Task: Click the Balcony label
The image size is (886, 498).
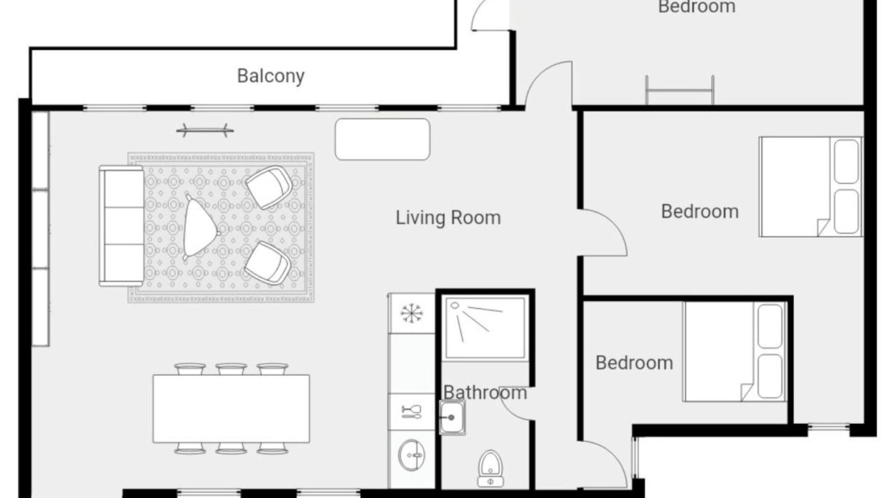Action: pyautogui.click(x=271, y=76)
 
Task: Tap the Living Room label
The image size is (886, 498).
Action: pyautogui.click(x=448, y=218)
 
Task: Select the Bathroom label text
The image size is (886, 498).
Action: pyautogui.click(x=485, y=392)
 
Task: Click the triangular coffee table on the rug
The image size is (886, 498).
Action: pyautogui.click(x=200, y=228)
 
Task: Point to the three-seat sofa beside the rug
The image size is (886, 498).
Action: pyautogui.click(x=121, y=226)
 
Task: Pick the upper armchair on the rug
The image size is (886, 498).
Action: pyautogui.click(x=269, y=187)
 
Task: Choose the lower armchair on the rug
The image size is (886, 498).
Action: pyautogui.click(x=268, y=263)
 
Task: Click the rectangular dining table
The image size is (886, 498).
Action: pyautogui.click(x=231, y=409)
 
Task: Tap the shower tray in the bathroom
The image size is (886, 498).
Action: pyautogui.click(x=485, y=329)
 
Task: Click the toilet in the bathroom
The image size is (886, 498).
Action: pyautogui.click(x=491, y=469)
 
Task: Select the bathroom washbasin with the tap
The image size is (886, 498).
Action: pyautogui.click(x=452, y=417)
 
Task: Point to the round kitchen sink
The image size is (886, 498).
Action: pyautogui.click(x=411, y=455)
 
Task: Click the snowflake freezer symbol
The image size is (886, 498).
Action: pyautogui.click(x=411, y=313)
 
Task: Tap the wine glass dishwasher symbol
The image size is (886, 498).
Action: pyautogui.click(x=411, y=412)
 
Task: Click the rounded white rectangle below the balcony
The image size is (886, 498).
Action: pyautogui.click(x=383, y=139)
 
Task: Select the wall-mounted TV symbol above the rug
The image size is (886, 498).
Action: pyautogui.click(x=205, y=130)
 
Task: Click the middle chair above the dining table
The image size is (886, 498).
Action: pyautogui.click(x=231, y=369)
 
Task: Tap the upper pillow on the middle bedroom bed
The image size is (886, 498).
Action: pyautogui.click(x=847, y=162)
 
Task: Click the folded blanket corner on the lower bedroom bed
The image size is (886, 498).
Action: pyautogui.click(x=747, y=392)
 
